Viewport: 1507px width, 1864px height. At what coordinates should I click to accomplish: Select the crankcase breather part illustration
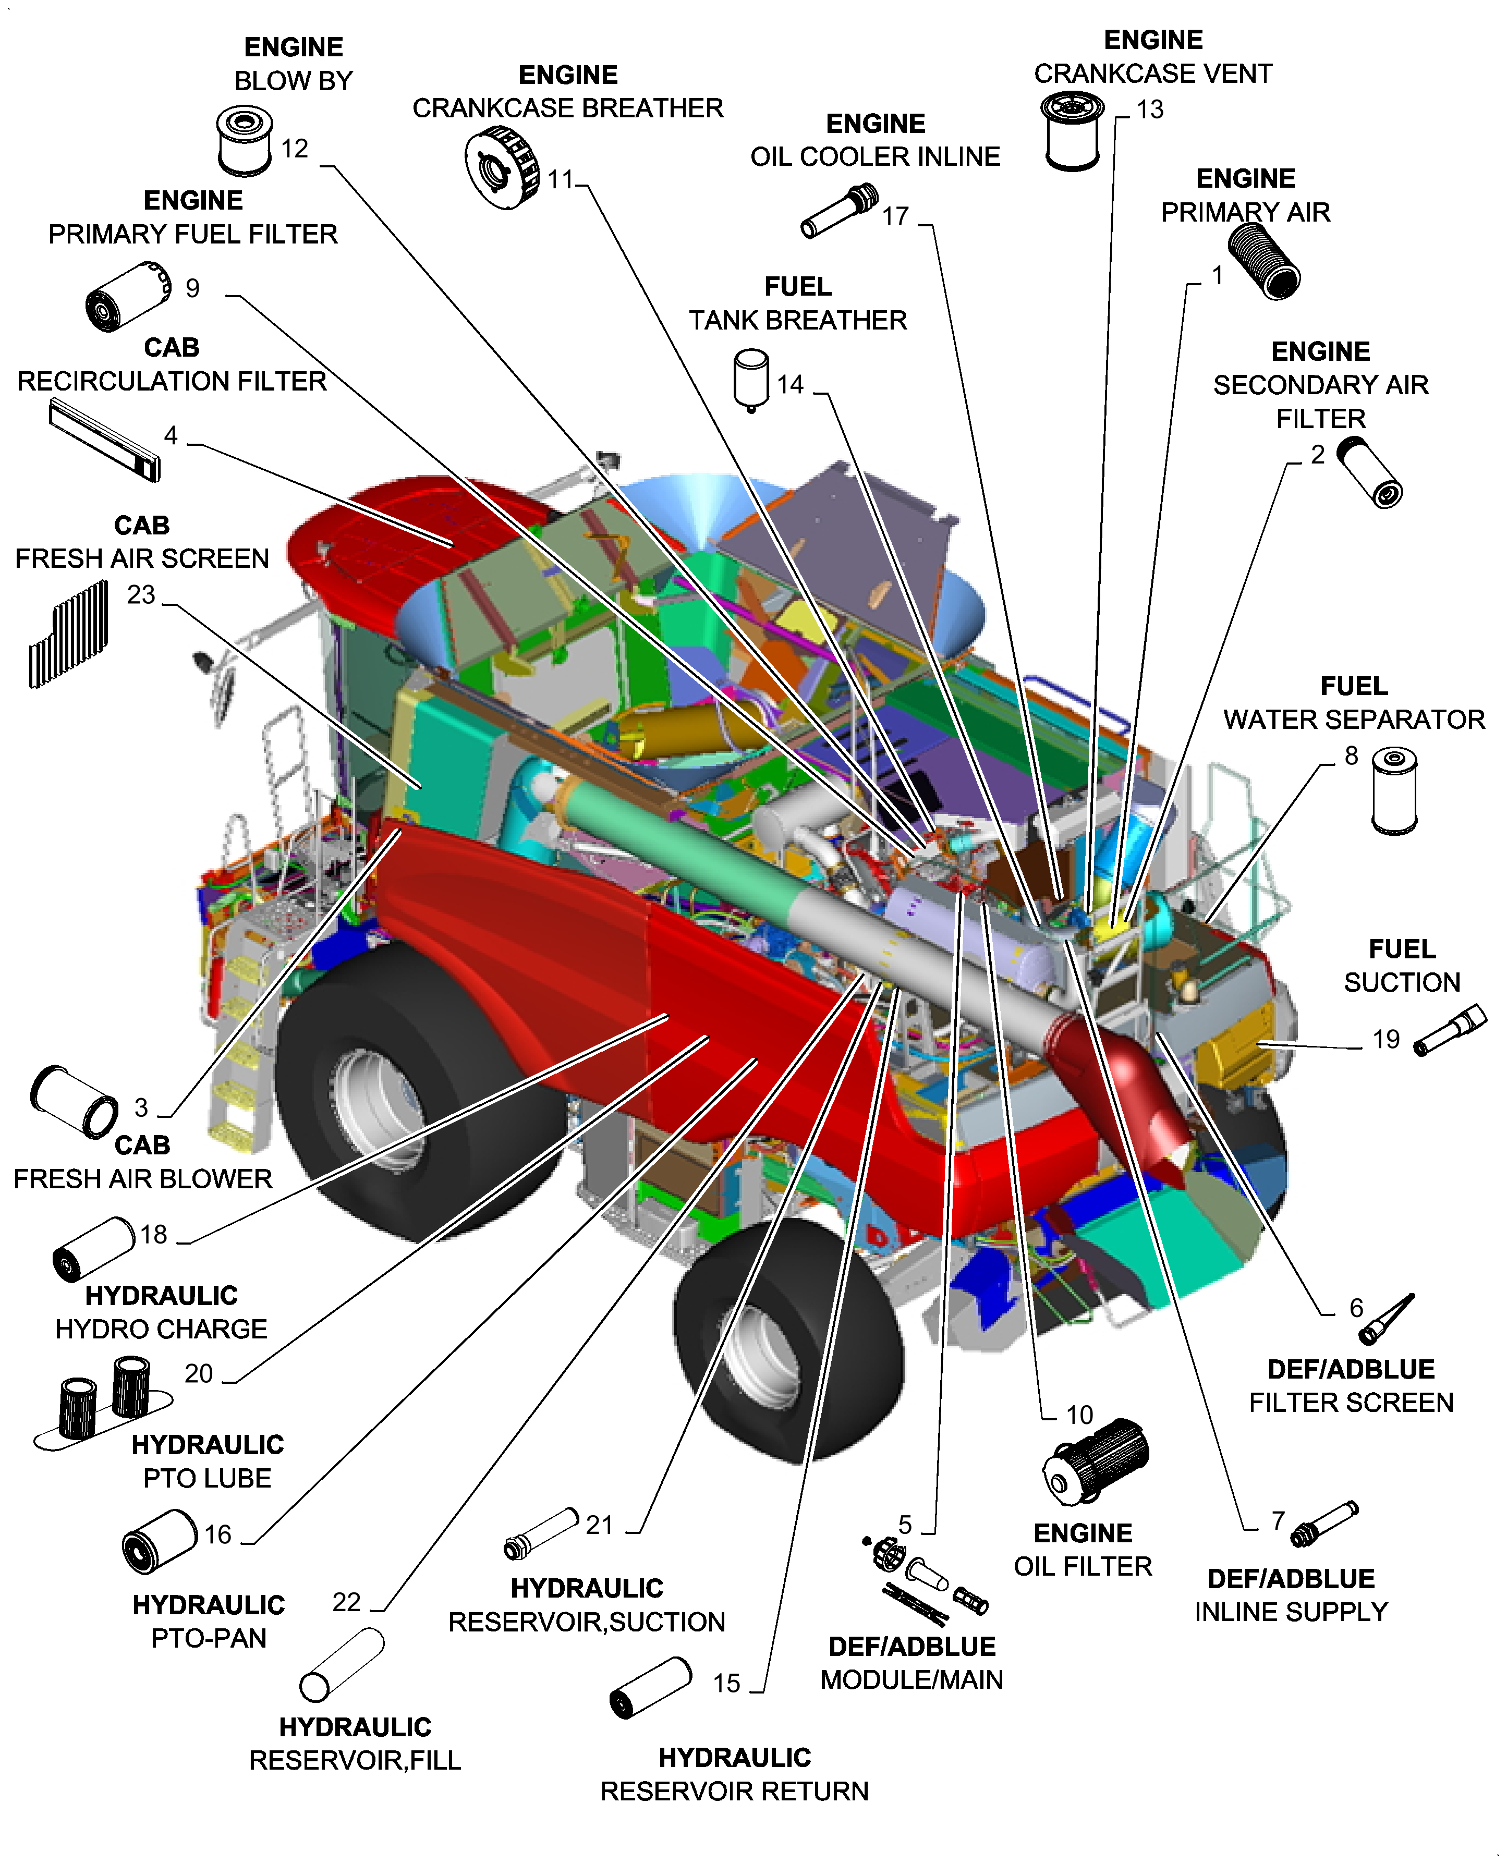click(501, 167)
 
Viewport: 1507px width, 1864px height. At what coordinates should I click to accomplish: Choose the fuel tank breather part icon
click(751, 379)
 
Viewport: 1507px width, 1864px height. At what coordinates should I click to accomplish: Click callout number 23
click(141, 595)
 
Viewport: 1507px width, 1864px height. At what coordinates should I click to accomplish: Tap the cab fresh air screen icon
click(69, 633)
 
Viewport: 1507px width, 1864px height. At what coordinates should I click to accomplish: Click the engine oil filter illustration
click(1096, 1462)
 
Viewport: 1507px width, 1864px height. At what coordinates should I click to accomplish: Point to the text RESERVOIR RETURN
click(734, 1791)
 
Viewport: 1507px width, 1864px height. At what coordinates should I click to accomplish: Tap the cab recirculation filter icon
click(105, 440)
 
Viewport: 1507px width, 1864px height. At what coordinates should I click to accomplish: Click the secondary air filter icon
click(1368, 471)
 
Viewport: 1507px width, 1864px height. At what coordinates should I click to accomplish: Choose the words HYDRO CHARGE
click(162, 1330)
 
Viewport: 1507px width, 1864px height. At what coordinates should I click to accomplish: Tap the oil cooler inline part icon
click(837, 211)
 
